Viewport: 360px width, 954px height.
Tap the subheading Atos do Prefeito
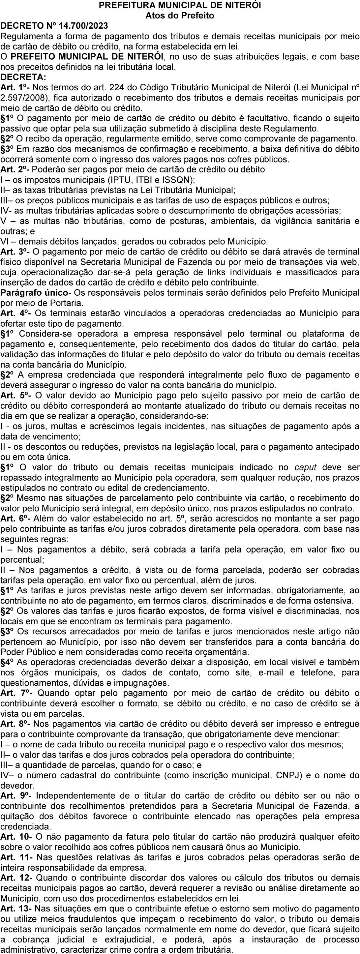[180, 15]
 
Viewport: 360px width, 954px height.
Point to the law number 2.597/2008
[21, 98]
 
